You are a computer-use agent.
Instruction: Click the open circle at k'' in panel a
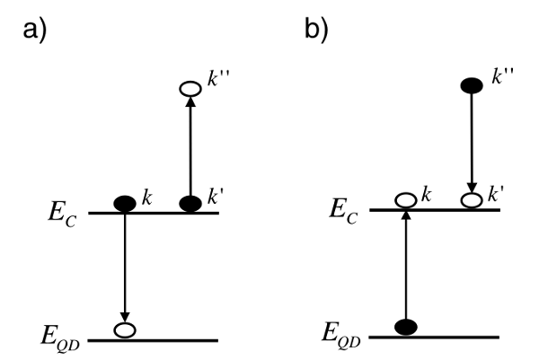coord(190,89)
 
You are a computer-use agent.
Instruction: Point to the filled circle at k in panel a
coord(125,203)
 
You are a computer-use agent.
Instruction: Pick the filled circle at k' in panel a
coord(190,203)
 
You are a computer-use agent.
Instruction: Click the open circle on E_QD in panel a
coord(125,329)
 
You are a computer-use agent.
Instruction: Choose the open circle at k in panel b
coord(406,200)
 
